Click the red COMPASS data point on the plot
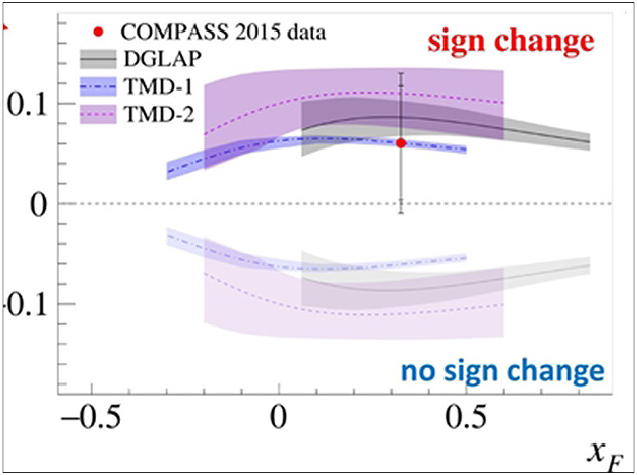pyautogui.click(x=401, y=143)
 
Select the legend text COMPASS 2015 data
pyautogui.click(x=224, y=31)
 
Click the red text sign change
pyautogui.click(x=510, y=41)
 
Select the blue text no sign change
pyautogui.click(x=502, y=372)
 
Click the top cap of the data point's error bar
pyautogui.click(x=401, y=73)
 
